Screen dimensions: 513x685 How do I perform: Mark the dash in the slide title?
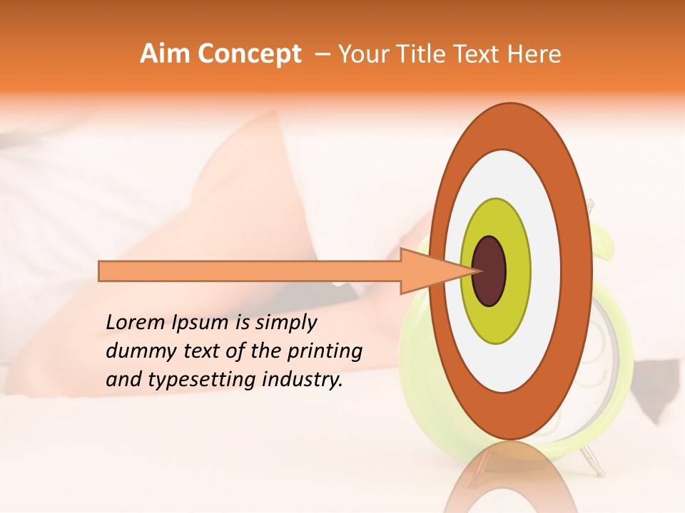[x=322, y=53]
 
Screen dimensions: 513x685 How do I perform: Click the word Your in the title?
[x=362, y=53]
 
